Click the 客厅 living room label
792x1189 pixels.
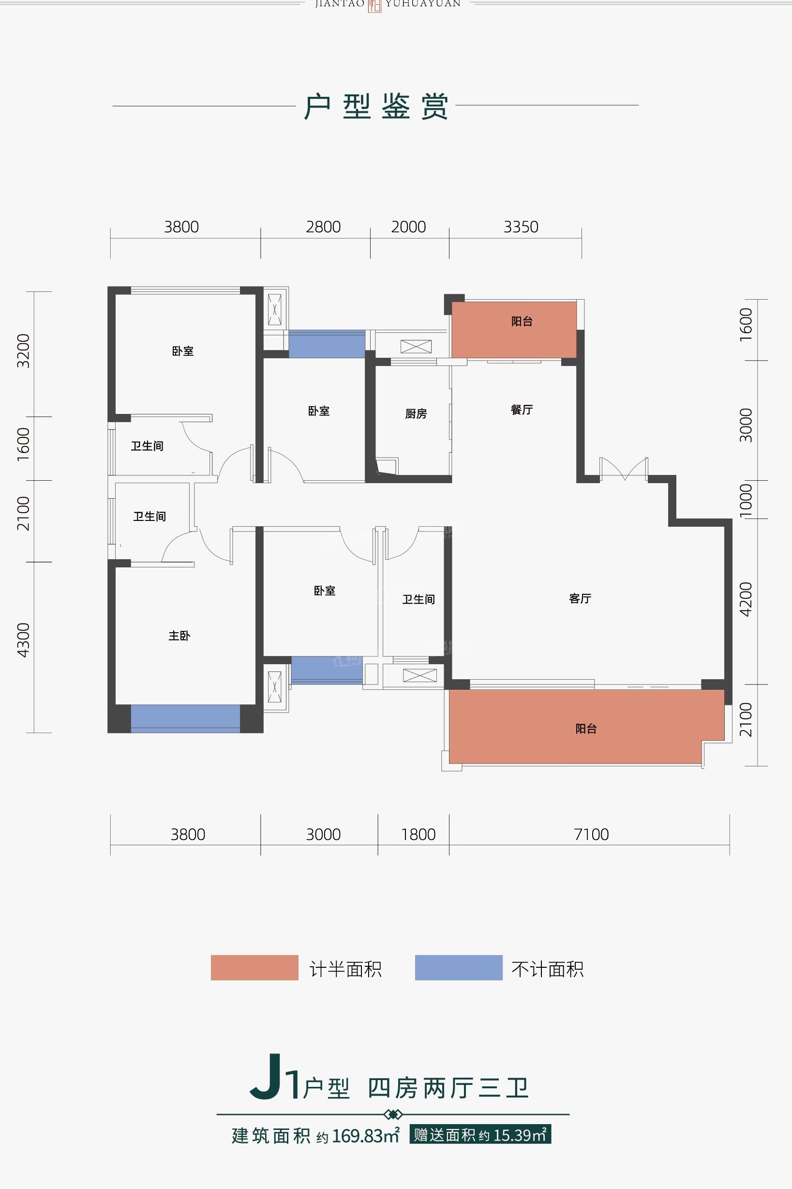[x=580, y=599]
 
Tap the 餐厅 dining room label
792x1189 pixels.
[x=522, y=410]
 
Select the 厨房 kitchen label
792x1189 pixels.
[x=416, y=414]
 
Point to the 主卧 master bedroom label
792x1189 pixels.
[x=179, y=636]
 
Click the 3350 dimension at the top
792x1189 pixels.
[x=521, y=227]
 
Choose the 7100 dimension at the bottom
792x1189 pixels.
[x=592, y=834]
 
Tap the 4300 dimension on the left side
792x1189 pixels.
[x=24, y=640]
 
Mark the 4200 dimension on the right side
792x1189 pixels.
[x=746, y=599]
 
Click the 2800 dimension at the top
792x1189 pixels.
[x=323, y=227]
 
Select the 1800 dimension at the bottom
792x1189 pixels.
[x=418, y=834]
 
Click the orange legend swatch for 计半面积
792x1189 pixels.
[x=254, y=968]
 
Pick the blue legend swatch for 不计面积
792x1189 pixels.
[x=459, y=968]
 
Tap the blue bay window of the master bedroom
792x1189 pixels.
[x=185, y=718]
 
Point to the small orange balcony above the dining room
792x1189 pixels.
[x=514, y=330]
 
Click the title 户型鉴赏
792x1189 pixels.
[x=376, y=107]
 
